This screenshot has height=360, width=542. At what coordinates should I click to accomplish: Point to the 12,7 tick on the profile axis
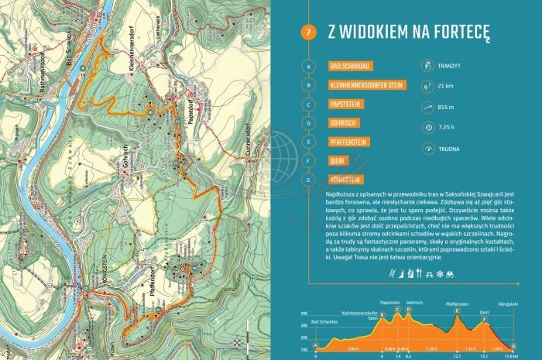(x=458, y=356)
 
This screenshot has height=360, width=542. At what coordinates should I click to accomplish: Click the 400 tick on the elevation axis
(x=304, y=315)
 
